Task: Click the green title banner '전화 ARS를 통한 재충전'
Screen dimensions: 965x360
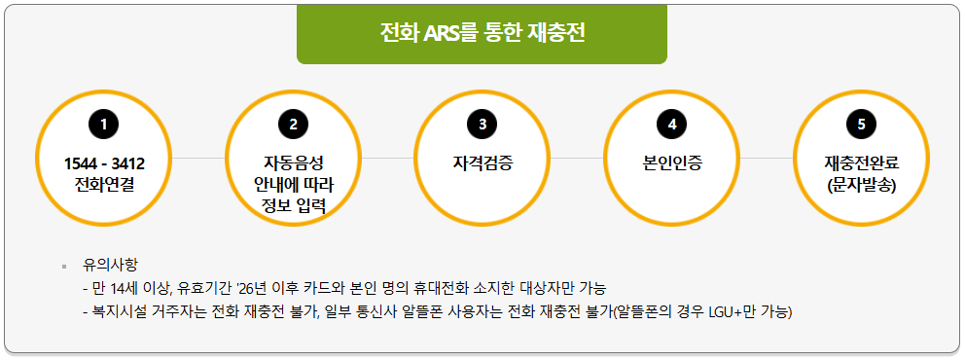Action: tap(482, 33)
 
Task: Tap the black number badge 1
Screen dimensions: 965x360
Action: tap(103, 124)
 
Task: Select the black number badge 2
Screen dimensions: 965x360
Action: tap(293, 124)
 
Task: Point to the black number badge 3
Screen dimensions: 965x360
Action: tap(482, 124)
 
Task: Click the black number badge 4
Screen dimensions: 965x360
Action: tap(672, 124)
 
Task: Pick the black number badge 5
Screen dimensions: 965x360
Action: tap(861, 124)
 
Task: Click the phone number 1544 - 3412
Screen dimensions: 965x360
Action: tap(104, 162)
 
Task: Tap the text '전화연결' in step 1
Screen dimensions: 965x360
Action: tap(104, 183)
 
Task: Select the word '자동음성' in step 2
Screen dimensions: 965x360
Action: tap(293, 162)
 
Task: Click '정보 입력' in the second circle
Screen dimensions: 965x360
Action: tap(293, 205)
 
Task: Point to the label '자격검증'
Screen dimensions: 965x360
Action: tap(482, 162)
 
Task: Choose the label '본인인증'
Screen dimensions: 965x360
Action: tap(672, 162)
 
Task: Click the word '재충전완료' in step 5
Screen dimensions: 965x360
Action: tap(861, 162)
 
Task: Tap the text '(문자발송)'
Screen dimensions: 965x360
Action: tap(861, 183)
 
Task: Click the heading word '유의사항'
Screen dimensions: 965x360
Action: tap(110, 265)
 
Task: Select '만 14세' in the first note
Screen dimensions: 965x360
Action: tap(121, 289)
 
